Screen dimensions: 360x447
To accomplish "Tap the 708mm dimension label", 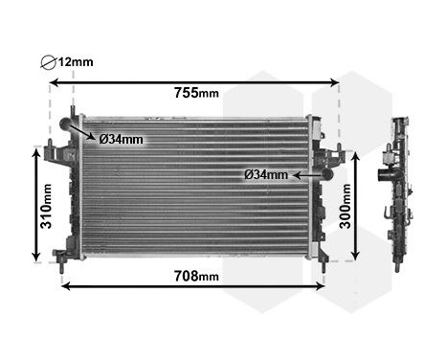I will pyautogui.click(x=196, y=277).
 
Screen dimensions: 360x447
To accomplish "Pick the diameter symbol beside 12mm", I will pyautogui.click(x=50, y=62).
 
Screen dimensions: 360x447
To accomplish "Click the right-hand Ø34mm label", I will pyautogui.click(x=265, y=174).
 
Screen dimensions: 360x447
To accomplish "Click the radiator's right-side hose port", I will pyautogui.click(x=327, y=174).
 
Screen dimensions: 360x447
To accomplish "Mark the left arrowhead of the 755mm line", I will pyautogui.click(x=55, y=83).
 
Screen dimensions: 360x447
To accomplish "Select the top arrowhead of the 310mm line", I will pyautogui.click(x=36, y=154).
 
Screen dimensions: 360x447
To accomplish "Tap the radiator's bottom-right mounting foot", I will pyautogui.click(x=322, y=257).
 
